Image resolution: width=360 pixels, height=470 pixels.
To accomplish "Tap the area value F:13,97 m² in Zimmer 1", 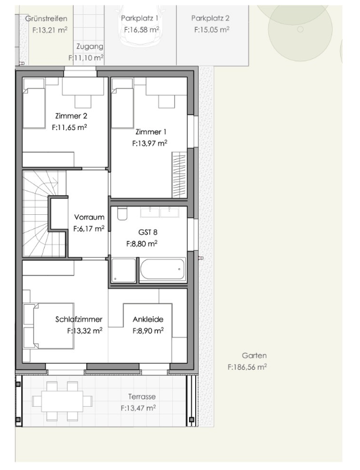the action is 149,143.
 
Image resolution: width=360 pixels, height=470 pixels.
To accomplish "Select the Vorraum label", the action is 89,217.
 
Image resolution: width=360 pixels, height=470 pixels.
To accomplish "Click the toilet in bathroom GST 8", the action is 122,214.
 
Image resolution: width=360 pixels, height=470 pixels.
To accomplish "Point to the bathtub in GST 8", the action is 162,269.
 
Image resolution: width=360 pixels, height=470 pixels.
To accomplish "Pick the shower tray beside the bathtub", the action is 123,270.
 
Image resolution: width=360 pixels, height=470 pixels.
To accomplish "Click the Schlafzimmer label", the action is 79,320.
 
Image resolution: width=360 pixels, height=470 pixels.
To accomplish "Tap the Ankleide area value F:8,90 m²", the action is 148,331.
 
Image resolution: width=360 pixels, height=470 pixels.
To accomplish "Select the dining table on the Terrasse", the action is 62,401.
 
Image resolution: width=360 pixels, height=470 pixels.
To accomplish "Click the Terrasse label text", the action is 142,396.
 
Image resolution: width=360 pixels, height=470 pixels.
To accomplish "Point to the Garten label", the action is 254,355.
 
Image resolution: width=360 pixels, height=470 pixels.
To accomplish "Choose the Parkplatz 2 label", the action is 210,19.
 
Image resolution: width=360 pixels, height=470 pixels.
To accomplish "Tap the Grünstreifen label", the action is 46,19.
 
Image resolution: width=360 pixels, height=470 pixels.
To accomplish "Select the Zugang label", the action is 90,46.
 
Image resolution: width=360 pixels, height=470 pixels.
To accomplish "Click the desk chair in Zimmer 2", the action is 82,102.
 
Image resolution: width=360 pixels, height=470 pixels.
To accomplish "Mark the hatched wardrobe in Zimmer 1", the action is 179,175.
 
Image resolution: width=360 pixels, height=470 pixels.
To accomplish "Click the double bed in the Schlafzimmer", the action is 53,326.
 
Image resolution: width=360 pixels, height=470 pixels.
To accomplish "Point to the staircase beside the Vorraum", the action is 44,214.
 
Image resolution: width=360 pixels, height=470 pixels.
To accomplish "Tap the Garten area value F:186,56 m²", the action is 247,367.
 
